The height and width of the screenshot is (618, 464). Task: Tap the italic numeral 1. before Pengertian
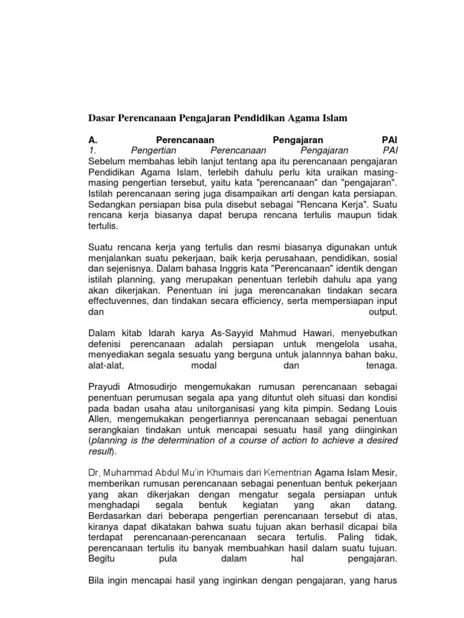coord(92,150)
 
